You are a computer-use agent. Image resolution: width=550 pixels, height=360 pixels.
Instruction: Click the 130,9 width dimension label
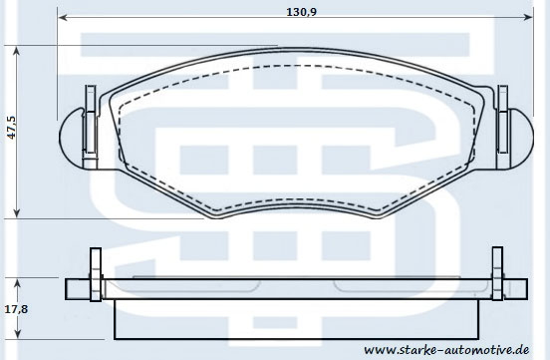pos(301,12)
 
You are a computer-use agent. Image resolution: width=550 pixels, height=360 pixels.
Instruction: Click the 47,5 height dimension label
pos(12,128)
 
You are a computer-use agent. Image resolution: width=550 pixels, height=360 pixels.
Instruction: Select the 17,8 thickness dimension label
pos(16,309)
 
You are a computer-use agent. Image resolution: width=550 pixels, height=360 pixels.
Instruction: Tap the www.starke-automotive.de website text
pos(446,350)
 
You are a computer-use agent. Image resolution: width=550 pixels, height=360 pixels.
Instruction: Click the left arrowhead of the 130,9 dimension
pos(63,17)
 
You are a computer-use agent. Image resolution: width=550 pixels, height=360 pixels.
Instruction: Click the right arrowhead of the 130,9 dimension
pos(528,17)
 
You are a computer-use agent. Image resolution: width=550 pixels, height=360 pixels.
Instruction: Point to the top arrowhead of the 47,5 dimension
pos(16,51)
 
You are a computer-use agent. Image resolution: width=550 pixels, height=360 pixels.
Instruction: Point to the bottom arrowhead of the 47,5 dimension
pos(16,212)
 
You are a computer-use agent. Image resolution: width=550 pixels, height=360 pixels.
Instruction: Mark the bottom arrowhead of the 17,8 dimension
pos(18,334)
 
